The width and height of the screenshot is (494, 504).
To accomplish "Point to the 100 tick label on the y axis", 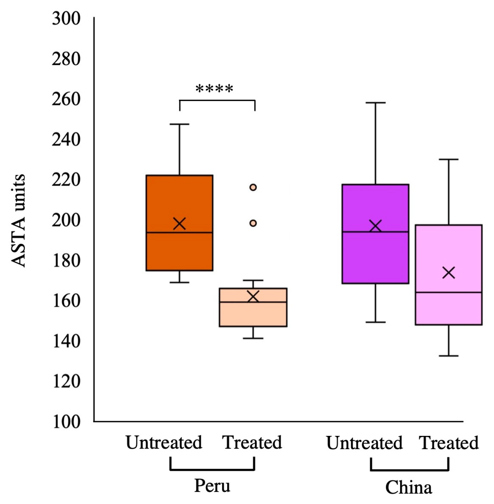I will pyautogui.click(x=66, y=422).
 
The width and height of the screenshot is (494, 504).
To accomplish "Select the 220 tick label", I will pyautogui.click(x=66, y=180).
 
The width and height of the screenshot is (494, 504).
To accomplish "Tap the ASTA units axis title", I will pyautogui.click(x=18, y=221).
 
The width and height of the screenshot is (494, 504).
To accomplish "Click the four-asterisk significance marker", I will pyautogui.click(x=214, y=89).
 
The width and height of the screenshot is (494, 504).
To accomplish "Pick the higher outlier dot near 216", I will pyautogui.click(x=253, y=187).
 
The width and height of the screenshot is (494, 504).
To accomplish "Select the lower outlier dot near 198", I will pyautogui.click(x=253, y=223).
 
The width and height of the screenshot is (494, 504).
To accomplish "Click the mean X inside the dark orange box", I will pyautogui.click(x=179, y=224).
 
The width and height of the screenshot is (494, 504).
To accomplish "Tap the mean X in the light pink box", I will pyautogui.click(x=449, y=273).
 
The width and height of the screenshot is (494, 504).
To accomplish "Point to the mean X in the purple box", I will pyautogui.click(x=375, y=226).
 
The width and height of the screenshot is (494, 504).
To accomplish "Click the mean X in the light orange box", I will pyautogui.click(x=253, y=296).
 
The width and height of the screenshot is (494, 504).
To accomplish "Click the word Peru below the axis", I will pyautogui.click(x=212, y=486).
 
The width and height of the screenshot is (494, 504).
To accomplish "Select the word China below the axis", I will pyautogui.click(x=409, y=488).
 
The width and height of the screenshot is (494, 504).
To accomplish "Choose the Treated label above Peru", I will pyautogui.click(x=252, y=442).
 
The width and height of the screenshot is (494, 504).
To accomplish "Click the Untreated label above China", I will pyautogui.click(x=364, y=443).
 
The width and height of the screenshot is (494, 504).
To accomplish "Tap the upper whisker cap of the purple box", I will pyautogui.click(x=375, y=103).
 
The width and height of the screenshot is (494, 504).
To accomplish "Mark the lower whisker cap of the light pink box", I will pyautogui.click(x=449, y=356).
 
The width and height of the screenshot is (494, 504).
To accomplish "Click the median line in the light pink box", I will pyautogui.click(x=449, y=292).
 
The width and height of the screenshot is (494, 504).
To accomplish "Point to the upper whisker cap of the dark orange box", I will pyautogui.click(x=179, y=124).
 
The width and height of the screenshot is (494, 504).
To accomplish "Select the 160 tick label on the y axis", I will pyautogui.click(x=66, y=301).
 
